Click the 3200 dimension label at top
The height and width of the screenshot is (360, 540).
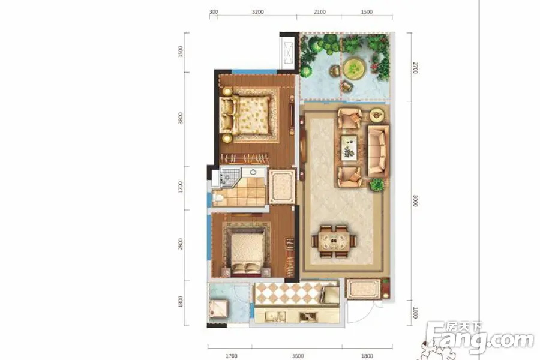pyautogui.click(x=257, y=12)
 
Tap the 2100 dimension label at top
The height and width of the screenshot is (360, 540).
pyautogui.click(x=320, y=12)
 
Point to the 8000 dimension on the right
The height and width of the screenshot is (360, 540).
pyautogui.click(x=415, y=200)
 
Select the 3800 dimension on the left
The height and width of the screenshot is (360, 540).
pyautogui.click(x=181, y=118)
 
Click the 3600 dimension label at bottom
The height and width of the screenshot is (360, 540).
pyautogui.click(x=298, y=356)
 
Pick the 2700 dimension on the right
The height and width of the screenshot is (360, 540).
pyautogui.click(x=415, y=68)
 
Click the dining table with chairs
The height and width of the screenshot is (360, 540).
pyautogui.click(x=334, y=241)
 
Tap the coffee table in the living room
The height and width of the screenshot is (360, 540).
pyautogui.click(x=349, y=148)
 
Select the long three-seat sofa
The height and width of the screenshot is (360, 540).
pyautogui.click(x=378, y=151)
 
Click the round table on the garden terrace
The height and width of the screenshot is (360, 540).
pyautogui.click(x=354, y=68)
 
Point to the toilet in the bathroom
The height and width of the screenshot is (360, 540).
pyautogui.click(x=217, y=198)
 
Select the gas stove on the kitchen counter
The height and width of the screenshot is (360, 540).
pyautogui.click(x=308, y=317)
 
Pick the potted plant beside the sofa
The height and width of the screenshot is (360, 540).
pyautogui.click(x=376, y=185)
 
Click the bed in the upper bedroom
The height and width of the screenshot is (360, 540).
pyautogui.click(x=245, y=115)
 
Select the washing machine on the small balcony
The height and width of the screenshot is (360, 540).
pyautogui.click(x=218, y=308)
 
